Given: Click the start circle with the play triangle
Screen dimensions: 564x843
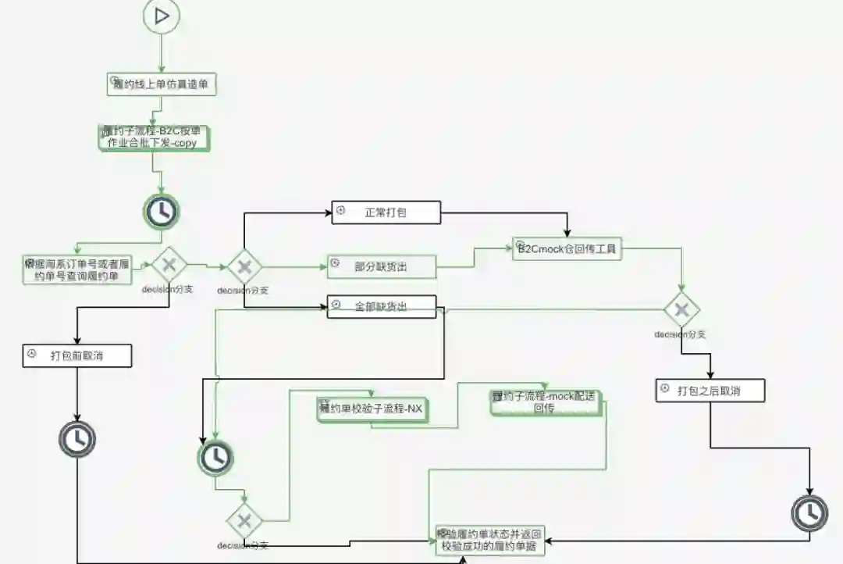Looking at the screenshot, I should (162, 16).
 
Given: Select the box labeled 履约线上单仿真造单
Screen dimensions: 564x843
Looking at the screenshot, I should (161, 84).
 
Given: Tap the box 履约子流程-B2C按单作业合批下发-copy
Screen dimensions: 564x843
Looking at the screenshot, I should (154, 137).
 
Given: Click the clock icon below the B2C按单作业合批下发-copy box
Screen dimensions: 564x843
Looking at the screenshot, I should (161, 211).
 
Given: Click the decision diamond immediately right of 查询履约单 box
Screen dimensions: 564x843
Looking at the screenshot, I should (169, 266).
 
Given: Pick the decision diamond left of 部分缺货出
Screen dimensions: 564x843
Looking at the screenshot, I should (244, 267).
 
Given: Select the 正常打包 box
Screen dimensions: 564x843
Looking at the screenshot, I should (386, 212).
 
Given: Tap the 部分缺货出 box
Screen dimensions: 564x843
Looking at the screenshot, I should (381, 266).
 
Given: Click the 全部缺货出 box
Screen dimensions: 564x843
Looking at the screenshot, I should (381, 307).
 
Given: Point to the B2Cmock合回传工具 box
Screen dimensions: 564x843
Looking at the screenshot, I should (567, 249).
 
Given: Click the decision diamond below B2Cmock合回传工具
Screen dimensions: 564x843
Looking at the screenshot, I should (681, 310).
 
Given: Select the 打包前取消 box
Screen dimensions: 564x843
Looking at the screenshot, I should (76, 356).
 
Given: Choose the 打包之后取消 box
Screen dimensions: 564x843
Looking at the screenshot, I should (710, 390).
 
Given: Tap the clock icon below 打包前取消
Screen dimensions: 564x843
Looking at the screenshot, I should (77, 440).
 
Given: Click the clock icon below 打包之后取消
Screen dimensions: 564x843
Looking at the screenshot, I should (809, 512).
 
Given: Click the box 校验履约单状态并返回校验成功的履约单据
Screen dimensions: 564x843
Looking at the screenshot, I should (489, 539).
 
